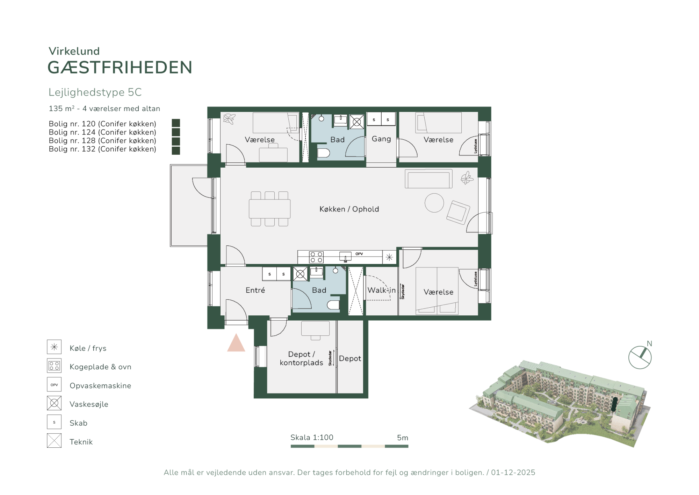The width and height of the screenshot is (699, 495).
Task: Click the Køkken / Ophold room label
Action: click(349, 209)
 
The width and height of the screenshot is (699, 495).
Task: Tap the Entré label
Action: click(255, 290)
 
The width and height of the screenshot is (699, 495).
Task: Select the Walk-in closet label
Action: click(381, 290)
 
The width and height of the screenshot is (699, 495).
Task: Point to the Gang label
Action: click(381, 139)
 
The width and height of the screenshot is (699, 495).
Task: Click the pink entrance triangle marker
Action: click(236, 343)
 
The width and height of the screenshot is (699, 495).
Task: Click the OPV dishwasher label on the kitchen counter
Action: click(359, 254)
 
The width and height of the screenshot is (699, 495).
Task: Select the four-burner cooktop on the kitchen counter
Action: click(316, 257)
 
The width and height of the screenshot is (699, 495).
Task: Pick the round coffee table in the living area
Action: click(434, 203)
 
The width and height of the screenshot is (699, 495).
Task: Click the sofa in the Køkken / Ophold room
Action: click(428, 179)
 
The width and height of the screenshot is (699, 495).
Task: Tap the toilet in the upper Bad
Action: click(323, 153)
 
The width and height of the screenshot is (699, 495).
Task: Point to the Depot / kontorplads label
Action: click(301, 358)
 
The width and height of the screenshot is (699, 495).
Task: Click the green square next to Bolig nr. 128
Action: click(176, 141)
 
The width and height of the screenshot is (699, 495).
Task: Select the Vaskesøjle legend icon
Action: click(54, 403)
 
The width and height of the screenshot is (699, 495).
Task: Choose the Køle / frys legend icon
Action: click(54, 347)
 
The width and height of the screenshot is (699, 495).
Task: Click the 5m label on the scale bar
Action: click(403, 438)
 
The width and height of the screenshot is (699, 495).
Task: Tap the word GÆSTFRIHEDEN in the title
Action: click(120, 67)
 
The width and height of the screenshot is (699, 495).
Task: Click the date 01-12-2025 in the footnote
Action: click(513, 472)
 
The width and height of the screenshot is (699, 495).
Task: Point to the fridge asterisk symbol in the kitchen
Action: click(389, 257)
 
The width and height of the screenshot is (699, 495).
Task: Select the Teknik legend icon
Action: click(54, 440)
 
